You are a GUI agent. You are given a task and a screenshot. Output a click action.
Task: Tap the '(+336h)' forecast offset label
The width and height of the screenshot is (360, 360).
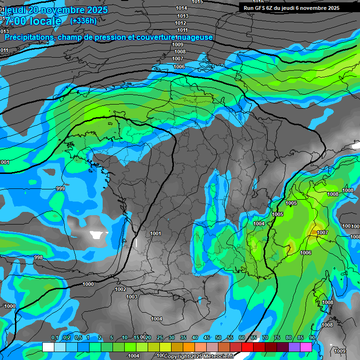click(83, 21)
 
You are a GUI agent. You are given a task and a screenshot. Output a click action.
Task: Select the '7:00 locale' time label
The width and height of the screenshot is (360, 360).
click(33, 22)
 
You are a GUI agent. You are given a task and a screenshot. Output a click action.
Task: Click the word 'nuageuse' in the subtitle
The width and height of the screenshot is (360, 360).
click(194, 37)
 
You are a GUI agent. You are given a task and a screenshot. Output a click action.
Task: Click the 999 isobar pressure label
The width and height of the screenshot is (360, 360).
click(60, 188)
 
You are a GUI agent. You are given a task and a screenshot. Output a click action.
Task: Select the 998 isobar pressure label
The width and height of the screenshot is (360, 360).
click(38, 257)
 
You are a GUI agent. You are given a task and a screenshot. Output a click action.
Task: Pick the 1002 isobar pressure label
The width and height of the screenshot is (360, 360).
click(120, 290)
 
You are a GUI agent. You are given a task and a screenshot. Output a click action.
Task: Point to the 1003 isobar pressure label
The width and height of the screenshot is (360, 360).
click(132, 297)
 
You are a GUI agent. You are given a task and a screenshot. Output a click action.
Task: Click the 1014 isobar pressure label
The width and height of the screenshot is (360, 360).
click(181, 8)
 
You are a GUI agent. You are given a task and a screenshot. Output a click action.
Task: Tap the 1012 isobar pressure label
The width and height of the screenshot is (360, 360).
click(180, 23)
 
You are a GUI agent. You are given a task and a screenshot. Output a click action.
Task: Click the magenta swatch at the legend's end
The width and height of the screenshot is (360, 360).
click(306, 347)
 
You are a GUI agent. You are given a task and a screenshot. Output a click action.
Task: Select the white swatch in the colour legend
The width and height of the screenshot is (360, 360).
click(48, 347)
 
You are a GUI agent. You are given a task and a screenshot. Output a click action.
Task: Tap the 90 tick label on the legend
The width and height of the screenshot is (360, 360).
click(312, 338)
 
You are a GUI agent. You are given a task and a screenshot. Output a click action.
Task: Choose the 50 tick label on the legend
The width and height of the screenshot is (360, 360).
click(218, 338)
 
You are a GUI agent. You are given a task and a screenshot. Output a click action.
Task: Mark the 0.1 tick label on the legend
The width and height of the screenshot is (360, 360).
click(54, 338)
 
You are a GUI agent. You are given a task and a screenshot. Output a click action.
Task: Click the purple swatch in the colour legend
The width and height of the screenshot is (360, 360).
click(294, 347)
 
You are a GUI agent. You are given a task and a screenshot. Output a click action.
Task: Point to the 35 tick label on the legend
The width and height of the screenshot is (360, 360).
click(183, 338)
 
